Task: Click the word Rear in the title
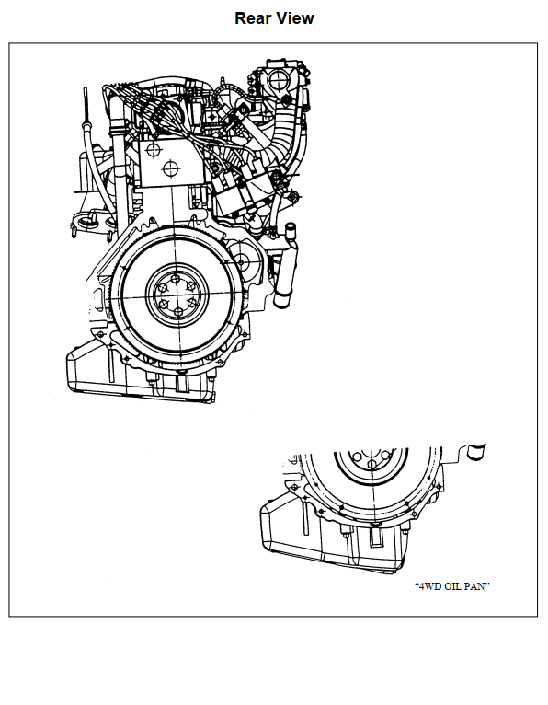pos(252,18)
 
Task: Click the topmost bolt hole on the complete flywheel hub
pos(176,279)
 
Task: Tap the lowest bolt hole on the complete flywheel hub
pos(178,312)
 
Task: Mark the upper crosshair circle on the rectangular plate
pos(154,150)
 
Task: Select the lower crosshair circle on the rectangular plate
pos(171,169)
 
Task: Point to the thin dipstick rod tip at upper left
pos(85,90)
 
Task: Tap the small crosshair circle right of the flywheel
pos(241,261)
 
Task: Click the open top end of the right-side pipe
pos(291,227)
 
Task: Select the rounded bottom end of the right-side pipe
pos(281,302)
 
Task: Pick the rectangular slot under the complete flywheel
pos(181,384)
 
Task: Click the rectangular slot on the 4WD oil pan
pos(375,537)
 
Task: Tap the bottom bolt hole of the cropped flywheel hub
pos(371,465)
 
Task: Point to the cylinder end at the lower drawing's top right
pos(476,452)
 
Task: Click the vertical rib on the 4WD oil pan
pos(305,518)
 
